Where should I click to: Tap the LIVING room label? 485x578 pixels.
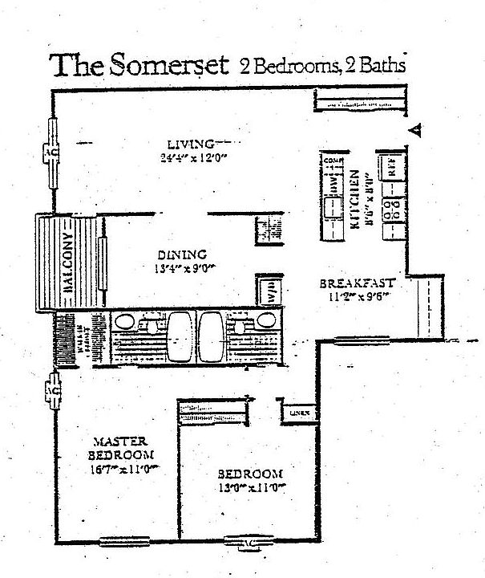179,143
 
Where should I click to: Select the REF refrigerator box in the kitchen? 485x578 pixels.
392,169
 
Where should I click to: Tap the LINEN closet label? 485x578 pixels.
298,413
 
